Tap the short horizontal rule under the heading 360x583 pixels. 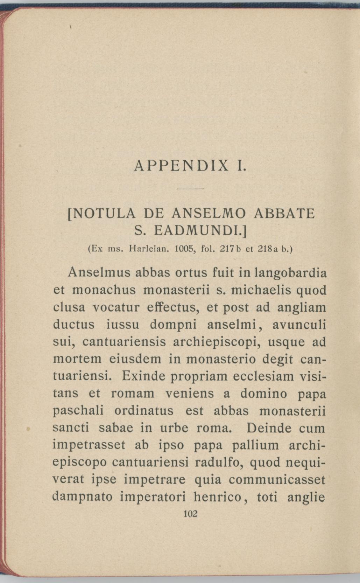tap(190, 189)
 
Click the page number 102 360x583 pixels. tap(190, 514)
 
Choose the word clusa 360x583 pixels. tap(69, 307)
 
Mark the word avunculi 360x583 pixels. tap(299, 325)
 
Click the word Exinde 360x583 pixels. tap(143, 376)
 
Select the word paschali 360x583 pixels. tap(78, 411)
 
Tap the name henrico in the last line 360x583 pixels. tap(218, 497)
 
